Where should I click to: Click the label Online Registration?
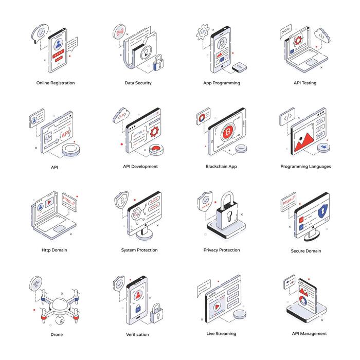click(55, 83)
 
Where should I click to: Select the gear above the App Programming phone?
click(203, 32)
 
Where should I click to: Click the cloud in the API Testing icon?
click(322, 36)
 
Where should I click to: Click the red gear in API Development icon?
click(154, 131)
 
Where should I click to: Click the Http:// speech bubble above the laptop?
click(69, 198)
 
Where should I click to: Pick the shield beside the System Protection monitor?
click(122, 200)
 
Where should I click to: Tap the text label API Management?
click(309, 333)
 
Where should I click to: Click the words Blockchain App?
click(222, 167)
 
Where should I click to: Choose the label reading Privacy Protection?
click(222, 250)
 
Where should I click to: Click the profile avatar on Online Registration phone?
click(58, 43)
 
